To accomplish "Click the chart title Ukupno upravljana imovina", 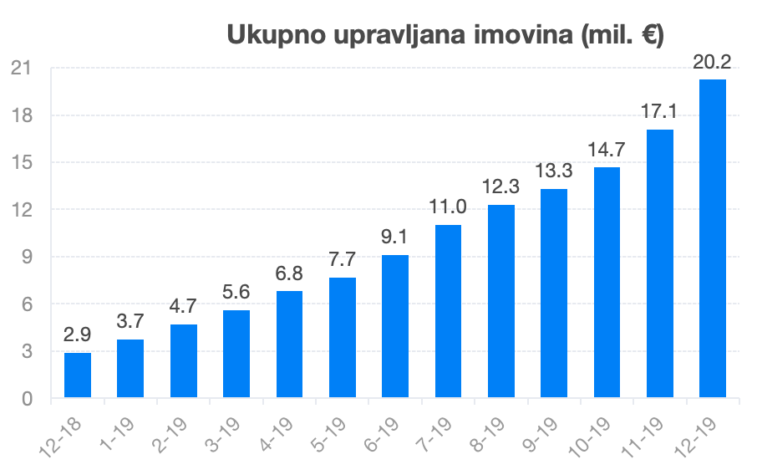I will point(445,34).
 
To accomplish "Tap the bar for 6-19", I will point(395,326).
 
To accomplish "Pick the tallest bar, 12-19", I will point(713,238).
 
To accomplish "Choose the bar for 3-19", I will point(236,354).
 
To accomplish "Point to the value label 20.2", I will point(713,62).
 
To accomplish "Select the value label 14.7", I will point(607,151).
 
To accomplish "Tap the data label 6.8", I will point(289,273).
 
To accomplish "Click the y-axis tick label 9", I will point(27,257).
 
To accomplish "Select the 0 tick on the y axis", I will point(27,399).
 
